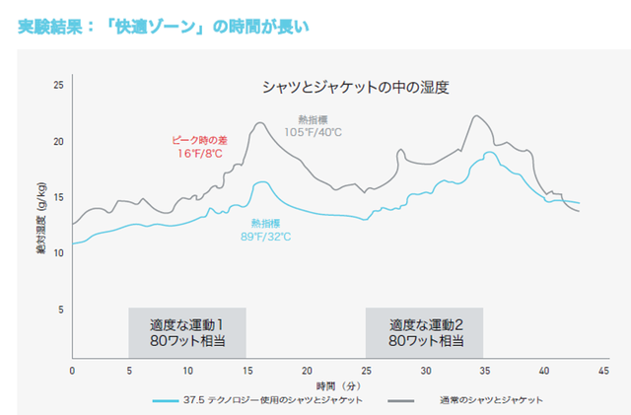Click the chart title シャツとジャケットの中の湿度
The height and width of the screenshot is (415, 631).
355,87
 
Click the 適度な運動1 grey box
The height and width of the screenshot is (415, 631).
187,332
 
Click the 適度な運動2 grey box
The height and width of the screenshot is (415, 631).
425,332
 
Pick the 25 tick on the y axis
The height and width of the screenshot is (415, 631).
58,86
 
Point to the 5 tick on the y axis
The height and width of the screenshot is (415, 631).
60,310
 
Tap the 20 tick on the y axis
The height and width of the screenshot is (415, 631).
58,142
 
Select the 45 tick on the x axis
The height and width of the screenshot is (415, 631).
603,370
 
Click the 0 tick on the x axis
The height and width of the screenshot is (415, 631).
72,370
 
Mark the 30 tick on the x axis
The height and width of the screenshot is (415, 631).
426,370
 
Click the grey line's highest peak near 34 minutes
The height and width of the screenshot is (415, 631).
476,116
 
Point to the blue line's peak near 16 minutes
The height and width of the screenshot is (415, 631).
262,181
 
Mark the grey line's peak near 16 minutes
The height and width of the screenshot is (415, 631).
260,123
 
